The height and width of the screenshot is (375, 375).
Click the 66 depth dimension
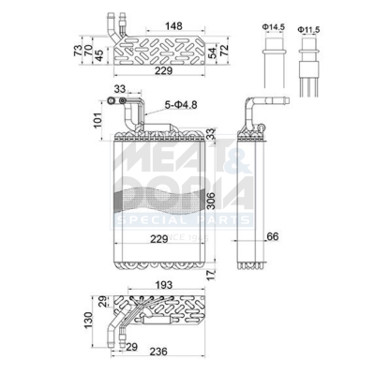click(272, 235)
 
